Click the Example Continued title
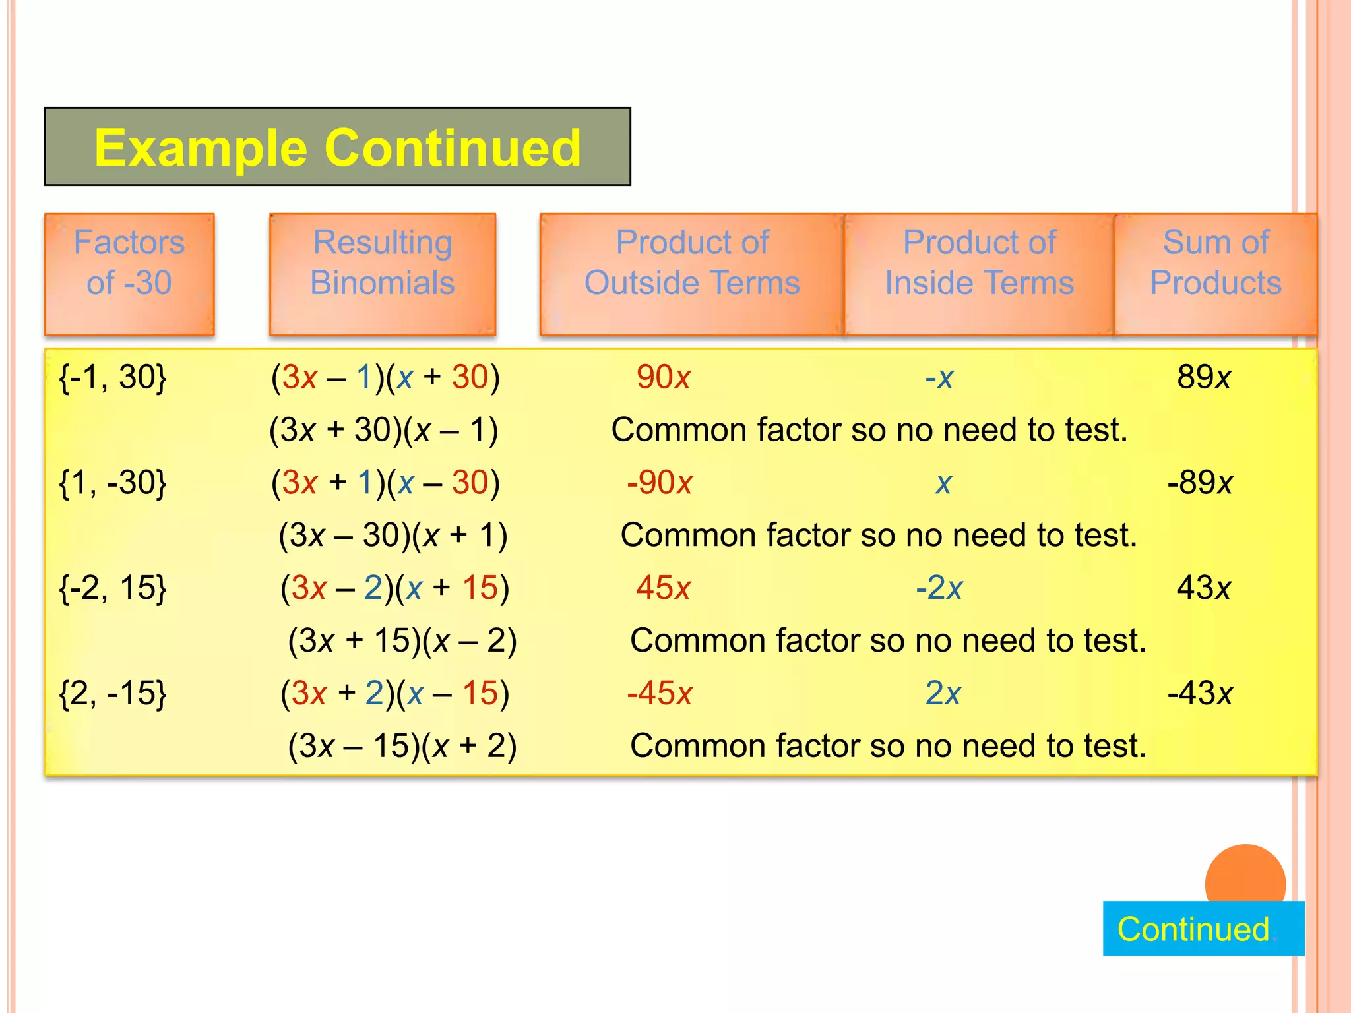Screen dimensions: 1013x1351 click(x=337, y=147)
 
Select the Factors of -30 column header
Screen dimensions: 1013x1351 click(x=129, y=263)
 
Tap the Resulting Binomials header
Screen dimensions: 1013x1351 click(x=383, y=263)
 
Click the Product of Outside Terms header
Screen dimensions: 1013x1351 click(x=692, y=263)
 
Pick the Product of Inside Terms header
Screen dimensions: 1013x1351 click(x=980, y=263)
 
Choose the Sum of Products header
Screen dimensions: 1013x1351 click(x=1216, y=263)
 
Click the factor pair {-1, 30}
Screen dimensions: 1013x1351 click(x=113, y=377)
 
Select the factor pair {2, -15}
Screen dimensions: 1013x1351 click(x=113, y=693)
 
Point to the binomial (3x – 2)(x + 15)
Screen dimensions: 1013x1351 click(x=395, y=588)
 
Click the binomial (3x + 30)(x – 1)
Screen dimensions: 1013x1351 click(x=383, y=430)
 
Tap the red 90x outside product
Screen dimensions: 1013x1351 click(x=663, y=377)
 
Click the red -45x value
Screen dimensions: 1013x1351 click(x=660, y=693)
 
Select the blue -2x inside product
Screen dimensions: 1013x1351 click(x=939, y=588)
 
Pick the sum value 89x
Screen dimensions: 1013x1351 click(x=1204, y=377)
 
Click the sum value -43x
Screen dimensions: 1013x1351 click(x=1200, y=693)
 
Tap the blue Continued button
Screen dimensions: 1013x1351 click(x=1203, y=929)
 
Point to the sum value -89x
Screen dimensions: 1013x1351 click(x=1200, y=483)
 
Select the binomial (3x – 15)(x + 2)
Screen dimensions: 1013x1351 click(x=402, y=746)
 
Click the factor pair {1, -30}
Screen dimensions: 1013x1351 click(x=113, y=483)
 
